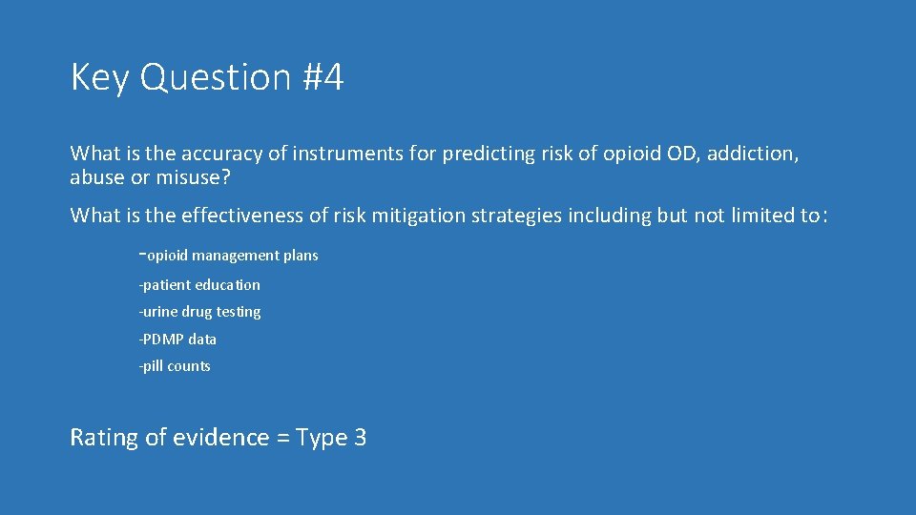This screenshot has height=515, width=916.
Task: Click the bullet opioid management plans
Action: [229, 256]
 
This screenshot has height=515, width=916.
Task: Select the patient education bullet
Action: [199, 285]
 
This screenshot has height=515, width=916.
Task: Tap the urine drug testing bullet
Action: [199, 312]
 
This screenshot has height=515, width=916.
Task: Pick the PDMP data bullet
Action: [177, 340]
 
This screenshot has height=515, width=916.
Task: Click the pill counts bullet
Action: [175, 366]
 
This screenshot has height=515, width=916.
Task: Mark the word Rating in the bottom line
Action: [104, 438]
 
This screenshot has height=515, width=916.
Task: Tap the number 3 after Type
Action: [360, 438]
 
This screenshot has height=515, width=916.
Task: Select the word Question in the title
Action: [215, 78]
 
